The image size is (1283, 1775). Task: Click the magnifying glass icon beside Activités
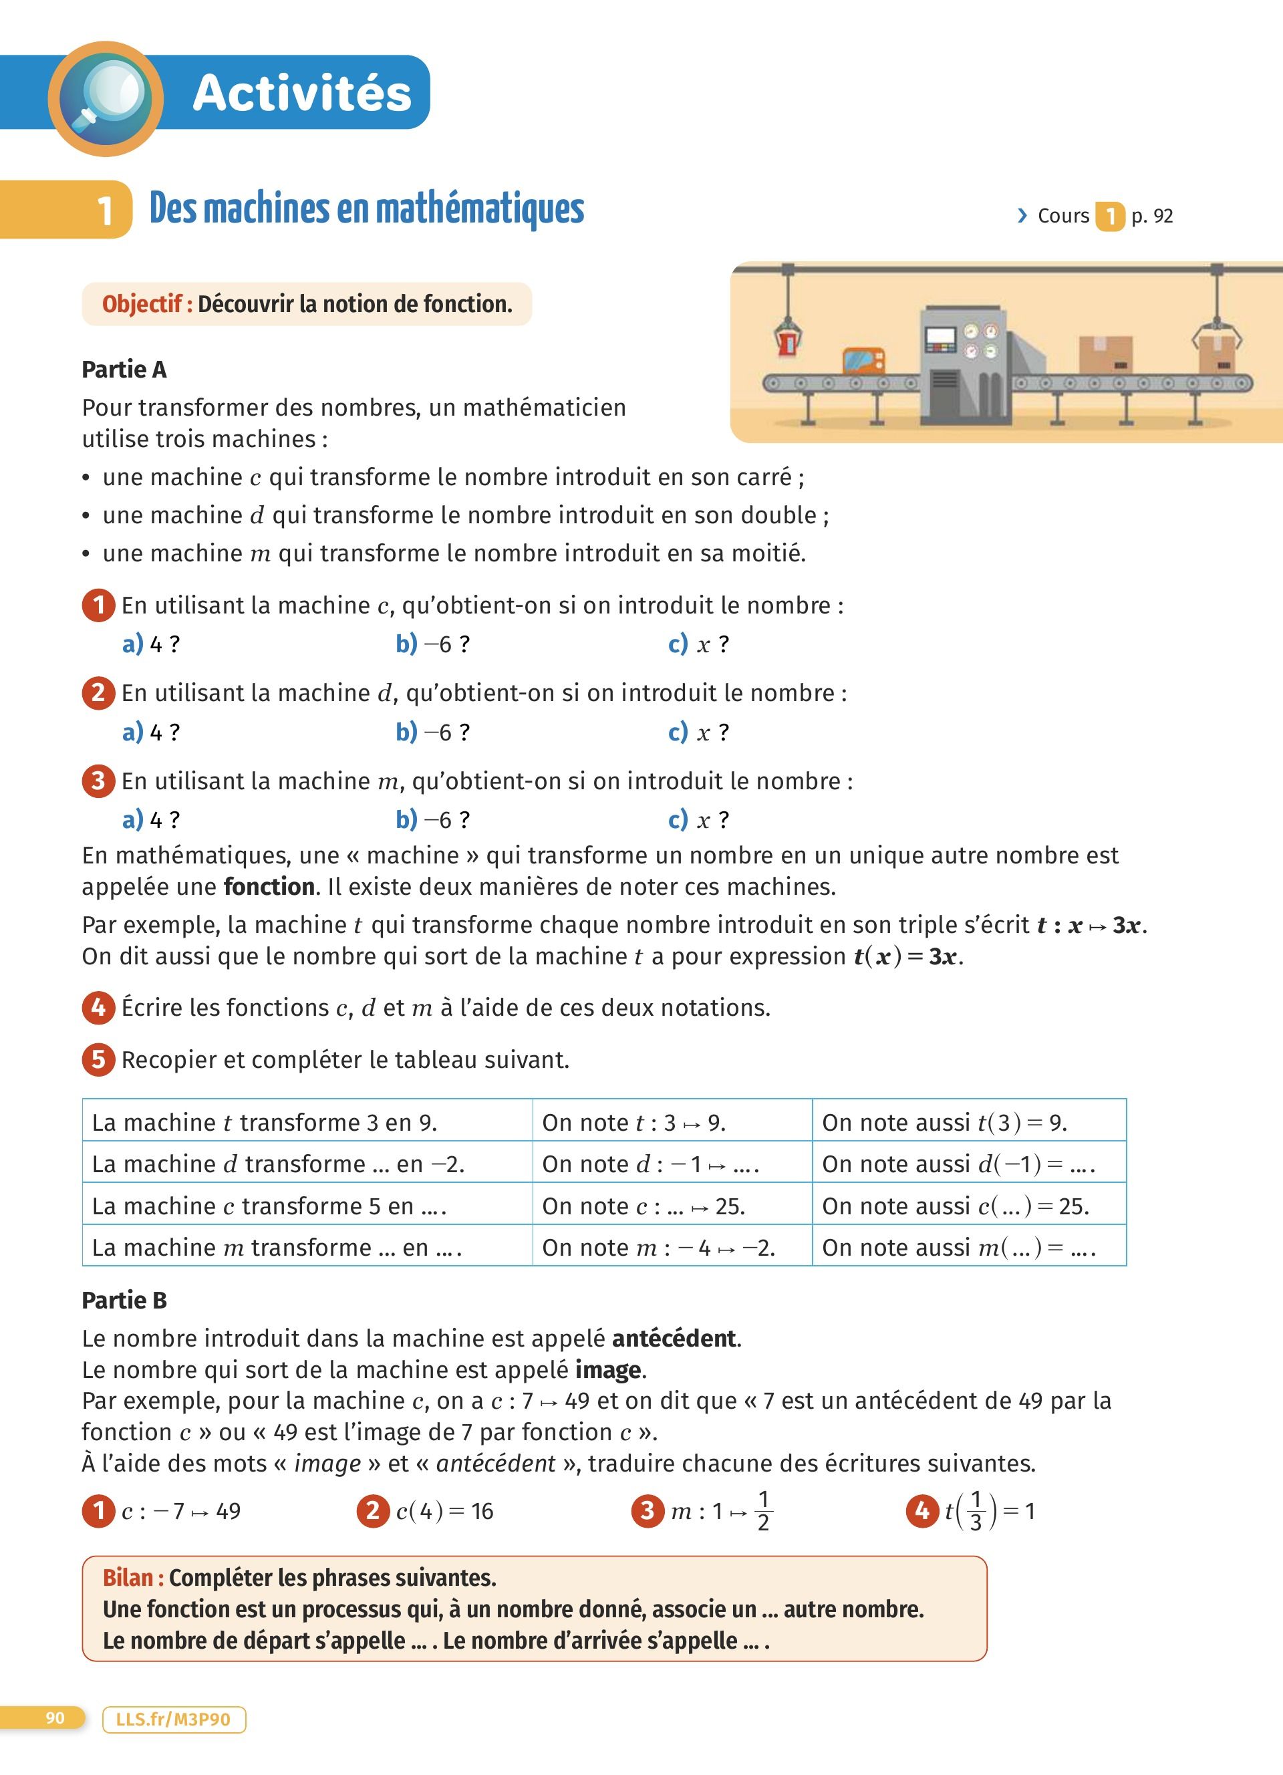(x=106, y=98)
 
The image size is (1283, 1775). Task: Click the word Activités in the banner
(x=302, y=93)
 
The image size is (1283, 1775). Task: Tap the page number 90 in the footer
(x=55, y=1718)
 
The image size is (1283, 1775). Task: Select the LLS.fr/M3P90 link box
(x=174, y=1720)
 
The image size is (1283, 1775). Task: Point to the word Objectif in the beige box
(x=142, y=305)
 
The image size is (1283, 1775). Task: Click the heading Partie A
(x=124, y=370)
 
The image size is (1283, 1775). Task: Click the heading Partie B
(x=124, y=1300)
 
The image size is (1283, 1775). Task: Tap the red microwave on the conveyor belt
(x=863, y=362)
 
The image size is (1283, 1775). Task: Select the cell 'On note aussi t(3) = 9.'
(x=968, y=1122)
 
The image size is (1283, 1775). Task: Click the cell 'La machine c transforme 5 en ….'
(x=307, y=1206)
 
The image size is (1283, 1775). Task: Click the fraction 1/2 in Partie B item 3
(x=764, y=1510)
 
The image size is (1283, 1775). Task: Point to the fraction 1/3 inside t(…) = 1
(x=976, y=1510)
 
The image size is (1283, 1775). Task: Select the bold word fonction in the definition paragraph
(x=269, y=887)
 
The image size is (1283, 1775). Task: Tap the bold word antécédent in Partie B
(x=674, y=1339)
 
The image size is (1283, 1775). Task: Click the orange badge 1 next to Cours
(x=1109, y=216)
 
